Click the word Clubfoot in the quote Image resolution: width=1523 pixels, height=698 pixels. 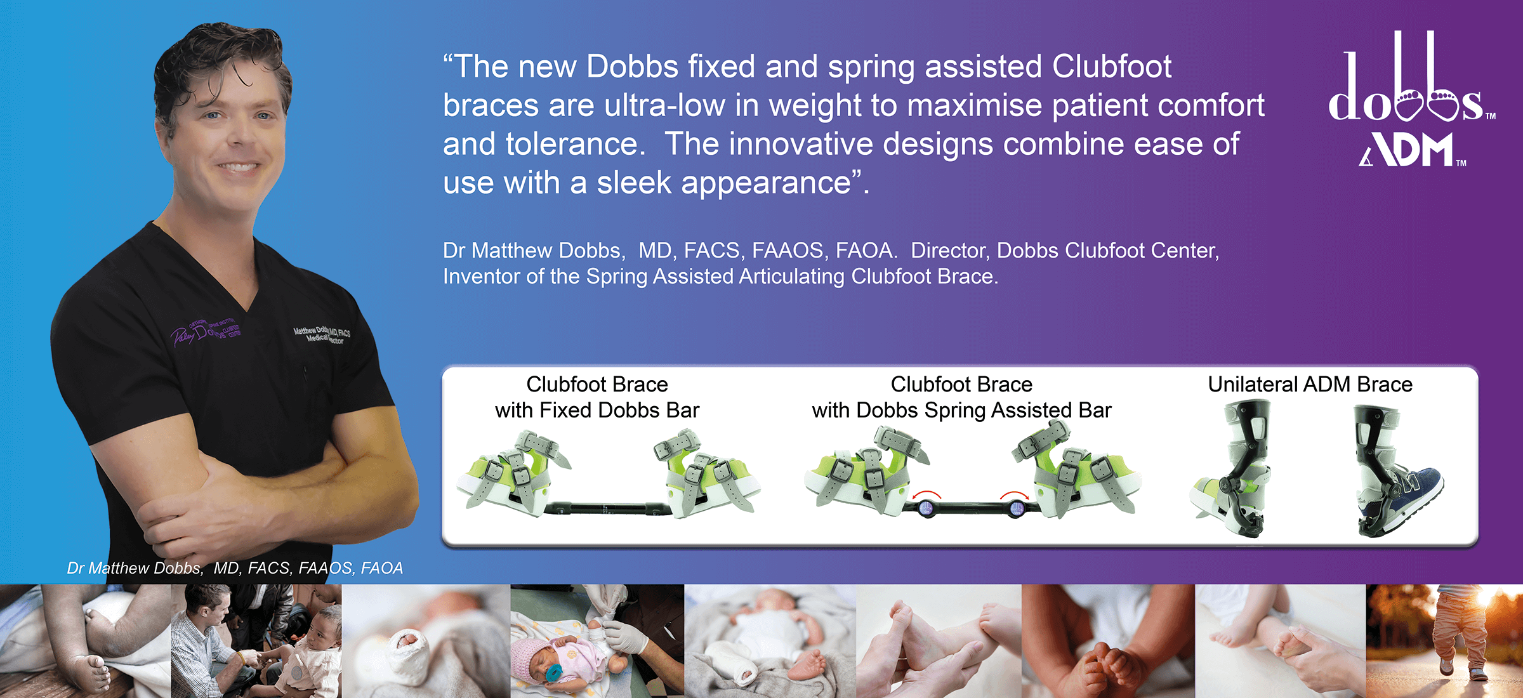tap(1112, 67)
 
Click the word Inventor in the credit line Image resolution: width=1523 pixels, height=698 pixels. tap(480, 277)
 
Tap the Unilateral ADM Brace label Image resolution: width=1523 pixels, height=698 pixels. tap(1310, 385)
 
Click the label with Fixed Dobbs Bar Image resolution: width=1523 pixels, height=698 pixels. tap(597, 411)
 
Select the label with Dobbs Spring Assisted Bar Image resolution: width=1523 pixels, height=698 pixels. tap(961, 411)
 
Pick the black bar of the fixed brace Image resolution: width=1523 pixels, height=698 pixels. tap(606, 508)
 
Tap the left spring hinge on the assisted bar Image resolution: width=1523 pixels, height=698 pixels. tap(926, 508)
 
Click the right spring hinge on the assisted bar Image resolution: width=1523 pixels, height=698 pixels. tap(1016, 508)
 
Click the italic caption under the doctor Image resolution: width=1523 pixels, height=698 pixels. tap(235, 568)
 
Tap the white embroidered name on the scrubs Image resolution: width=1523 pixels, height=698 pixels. tap(321, 334)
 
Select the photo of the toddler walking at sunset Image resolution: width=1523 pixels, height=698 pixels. tap(1444, 641)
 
